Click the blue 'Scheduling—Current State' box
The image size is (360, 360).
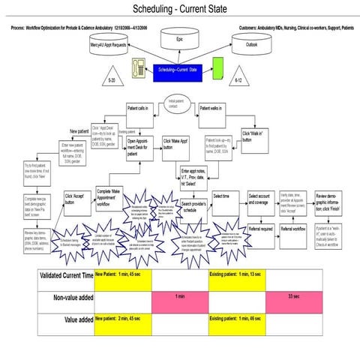click(177, 70)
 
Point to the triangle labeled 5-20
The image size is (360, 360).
click(112, 77)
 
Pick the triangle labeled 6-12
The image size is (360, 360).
click(238, 78)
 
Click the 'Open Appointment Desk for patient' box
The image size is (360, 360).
click(141, 146)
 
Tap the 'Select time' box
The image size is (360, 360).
click(225, 196)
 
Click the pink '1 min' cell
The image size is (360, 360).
click(180, 298)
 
